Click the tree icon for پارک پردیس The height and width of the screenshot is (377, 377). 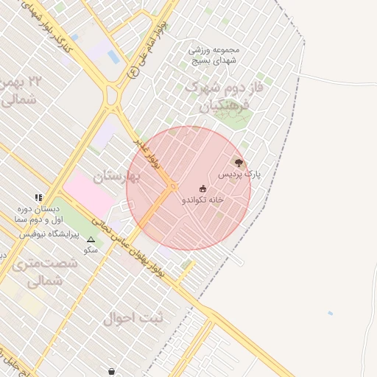click(x=238, y=162)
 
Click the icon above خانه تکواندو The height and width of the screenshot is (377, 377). click(x=202, y=188)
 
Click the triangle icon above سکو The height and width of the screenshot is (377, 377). click(x=91, y=239)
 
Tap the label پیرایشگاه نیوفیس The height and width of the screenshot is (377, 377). click(x=47, y=233)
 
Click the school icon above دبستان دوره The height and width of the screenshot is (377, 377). click(x=38, y=197)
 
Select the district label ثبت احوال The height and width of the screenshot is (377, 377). click(x=127, y=319)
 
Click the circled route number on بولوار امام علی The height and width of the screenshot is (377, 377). click(x=133, y=73)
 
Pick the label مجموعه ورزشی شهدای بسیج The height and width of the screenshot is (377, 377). click(x=215, y=56)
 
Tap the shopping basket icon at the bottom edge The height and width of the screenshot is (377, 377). click(x=111, y=371)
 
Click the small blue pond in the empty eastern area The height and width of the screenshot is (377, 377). click(x=330, y=314)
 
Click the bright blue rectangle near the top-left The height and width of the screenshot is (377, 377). click(x=113, y=57)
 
